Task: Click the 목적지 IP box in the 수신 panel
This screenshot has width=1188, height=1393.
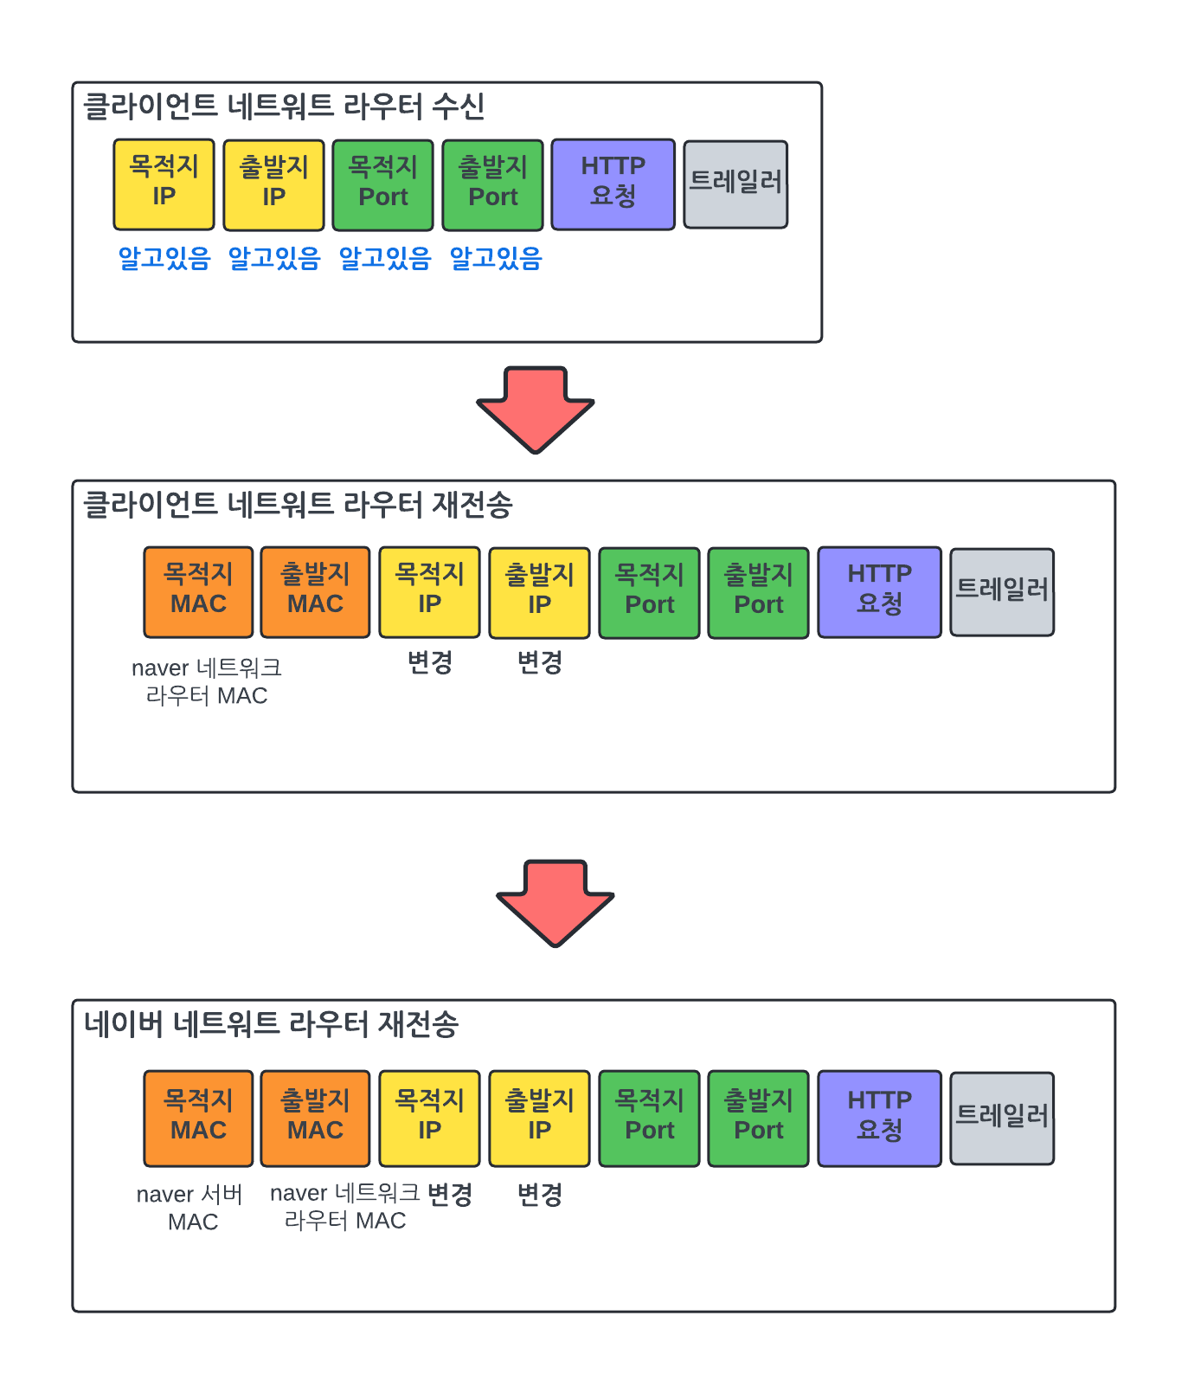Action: pos(164,184)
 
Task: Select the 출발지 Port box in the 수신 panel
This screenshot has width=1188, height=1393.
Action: pos(492,184)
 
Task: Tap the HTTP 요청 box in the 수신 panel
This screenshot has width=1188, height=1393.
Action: pos(613,184)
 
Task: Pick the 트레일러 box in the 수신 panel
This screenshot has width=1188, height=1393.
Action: pos(735,184)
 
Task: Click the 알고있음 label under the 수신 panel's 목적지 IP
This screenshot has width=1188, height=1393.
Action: pos(164,258)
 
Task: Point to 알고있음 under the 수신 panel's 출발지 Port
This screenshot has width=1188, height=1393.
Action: pos(496,258)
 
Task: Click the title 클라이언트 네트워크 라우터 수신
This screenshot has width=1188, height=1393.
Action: pos(284,106)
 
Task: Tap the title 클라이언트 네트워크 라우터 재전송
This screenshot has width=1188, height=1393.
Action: pos(298,505)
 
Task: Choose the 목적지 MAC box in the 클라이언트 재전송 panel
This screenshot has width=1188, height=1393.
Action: pos(198,592)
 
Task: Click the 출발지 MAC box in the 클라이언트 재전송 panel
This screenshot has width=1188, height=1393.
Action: pos(315,592)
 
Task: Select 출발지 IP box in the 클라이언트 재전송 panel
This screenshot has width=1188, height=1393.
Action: pos(539,592)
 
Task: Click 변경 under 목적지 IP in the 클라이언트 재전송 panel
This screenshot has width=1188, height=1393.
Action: pos(430,662)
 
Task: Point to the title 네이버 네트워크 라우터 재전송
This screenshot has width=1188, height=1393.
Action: pos(271,1024)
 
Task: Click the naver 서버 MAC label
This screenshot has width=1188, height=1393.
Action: pos(190,1208)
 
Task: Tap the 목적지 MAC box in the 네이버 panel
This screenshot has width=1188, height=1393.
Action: pos(198,1118)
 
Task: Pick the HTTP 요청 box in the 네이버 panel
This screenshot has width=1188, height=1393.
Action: pos(879,1118)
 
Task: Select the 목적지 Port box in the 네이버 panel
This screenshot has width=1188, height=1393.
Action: pos(649,1118)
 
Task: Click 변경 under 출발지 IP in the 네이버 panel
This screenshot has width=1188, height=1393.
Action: pos(540,1195)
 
